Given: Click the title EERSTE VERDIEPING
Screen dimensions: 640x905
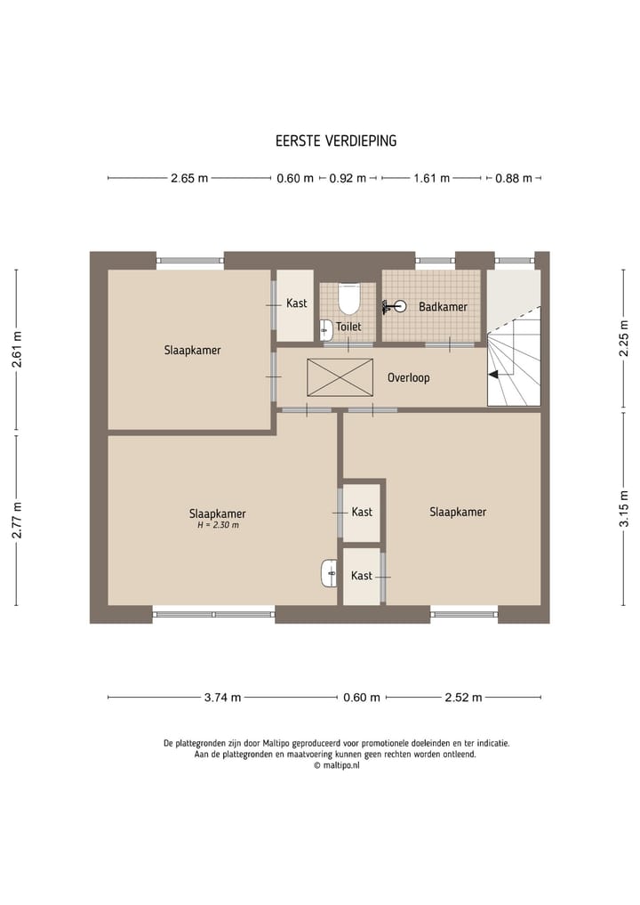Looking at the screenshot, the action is [x=336, y=141].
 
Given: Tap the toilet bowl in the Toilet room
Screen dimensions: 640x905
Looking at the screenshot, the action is [x=348, y=298].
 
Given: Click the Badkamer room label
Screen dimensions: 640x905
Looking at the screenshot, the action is [x=443, y=306].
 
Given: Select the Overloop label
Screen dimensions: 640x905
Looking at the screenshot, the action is [x=408, y=377].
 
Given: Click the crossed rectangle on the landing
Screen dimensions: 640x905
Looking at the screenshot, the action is [x=340, y=377].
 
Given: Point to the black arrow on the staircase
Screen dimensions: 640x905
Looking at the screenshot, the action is [x=493, y=375].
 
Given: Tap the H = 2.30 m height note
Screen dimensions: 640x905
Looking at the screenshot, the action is [x=218, y=525].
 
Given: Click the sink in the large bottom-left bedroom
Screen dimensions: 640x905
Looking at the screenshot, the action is [x=329, y=573].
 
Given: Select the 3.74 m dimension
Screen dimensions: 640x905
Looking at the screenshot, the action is [x=222, y=698].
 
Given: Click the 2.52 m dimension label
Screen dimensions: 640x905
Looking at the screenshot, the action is [x=463, y=698].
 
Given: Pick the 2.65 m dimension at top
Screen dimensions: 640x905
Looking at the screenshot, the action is [x=189, y=178].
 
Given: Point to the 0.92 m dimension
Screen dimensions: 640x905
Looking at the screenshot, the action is [x=348, y=178].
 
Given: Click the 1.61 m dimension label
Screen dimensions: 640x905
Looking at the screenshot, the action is [x=431, y=178].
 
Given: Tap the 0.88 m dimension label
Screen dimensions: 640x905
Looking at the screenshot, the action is [x=514, y=178].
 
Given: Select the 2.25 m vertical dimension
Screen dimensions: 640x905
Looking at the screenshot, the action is [x=624, y=338].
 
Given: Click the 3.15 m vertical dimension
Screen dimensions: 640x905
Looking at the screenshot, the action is [x=624, y=508].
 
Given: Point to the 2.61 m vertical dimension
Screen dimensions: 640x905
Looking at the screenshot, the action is [x=17, y=350].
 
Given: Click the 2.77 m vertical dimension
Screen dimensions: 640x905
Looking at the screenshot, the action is [x=17, y=520].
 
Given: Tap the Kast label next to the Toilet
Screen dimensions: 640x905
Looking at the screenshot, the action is [x=296, y=303].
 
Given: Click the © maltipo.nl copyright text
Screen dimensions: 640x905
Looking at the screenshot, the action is [x=336, y=765].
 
